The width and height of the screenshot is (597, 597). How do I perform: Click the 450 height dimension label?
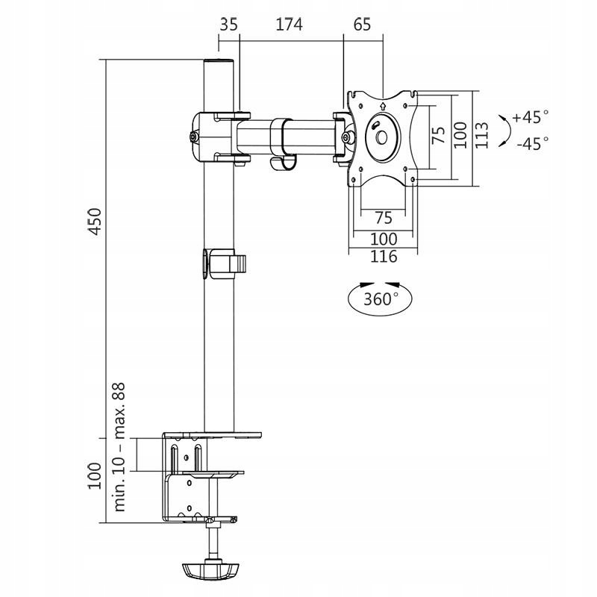(95, 222)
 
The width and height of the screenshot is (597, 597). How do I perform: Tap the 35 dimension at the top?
(229, 24)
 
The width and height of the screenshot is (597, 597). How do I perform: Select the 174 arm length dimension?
(289, 24)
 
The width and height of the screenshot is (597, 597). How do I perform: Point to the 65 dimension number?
(362, 24)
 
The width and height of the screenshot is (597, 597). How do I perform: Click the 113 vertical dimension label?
(482, 135)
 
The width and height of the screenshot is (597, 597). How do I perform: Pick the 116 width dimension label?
(383, 257)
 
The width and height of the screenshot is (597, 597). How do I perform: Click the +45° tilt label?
(531, 117)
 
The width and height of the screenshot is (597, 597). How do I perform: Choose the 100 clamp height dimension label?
(95, 476)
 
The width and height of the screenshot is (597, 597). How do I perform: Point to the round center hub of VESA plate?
(381, 137)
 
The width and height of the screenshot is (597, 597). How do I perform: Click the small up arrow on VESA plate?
(381, 106)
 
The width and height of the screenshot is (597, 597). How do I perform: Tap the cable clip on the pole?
(223, 264)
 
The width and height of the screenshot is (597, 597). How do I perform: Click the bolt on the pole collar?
(194, 137)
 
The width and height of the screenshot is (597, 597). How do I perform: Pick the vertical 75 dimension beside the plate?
(439, 134)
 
